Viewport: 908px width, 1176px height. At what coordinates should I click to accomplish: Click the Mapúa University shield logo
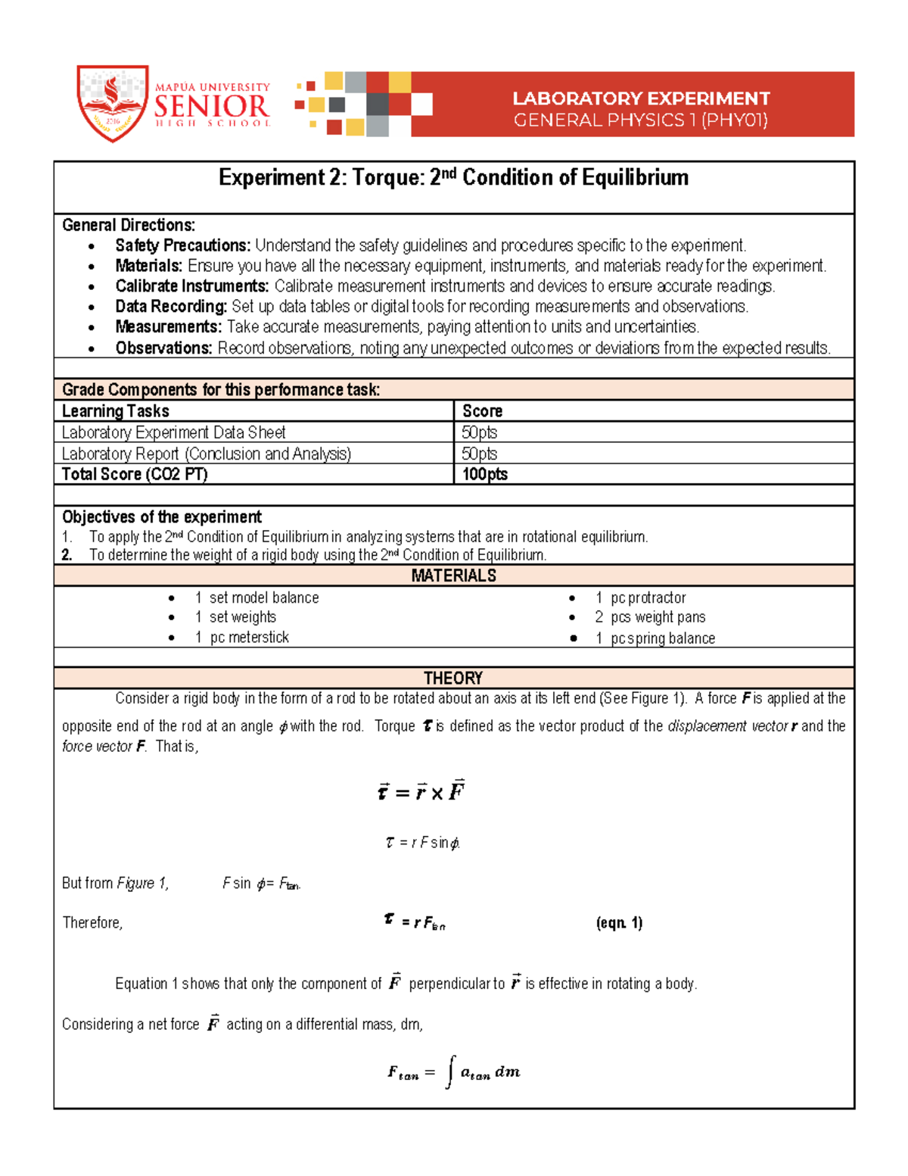click(112, 103)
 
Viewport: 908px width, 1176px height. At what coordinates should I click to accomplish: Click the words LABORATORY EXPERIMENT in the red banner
click(641, 98)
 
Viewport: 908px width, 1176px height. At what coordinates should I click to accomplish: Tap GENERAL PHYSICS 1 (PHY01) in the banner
click(640, 120)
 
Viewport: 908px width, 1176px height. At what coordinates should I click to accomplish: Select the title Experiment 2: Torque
click(453, 178)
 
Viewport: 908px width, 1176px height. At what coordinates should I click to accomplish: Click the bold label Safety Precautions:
click(182, 245)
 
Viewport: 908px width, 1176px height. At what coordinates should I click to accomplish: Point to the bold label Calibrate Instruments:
click(192, 286)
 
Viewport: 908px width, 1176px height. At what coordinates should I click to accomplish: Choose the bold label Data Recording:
click(171, 307)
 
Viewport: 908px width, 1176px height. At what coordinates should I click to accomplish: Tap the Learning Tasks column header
click(116, 411)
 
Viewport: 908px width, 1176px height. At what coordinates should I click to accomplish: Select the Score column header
click(482, 411)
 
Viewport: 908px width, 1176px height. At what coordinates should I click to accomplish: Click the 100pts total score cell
click(484, 475)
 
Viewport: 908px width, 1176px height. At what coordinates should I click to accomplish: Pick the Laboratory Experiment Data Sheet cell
click(173, 432)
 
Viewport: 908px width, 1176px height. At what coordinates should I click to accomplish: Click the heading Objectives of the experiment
click(162, 517)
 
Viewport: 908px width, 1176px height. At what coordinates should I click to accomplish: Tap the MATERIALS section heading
click(453, 576)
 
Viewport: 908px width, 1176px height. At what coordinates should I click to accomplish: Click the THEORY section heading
click(453, 678)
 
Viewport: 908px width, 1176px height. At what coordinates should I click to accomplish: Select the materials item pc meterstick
click(249, 638)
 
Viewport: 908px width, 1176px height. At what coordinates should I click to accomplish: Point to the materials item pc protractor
click(648, 598)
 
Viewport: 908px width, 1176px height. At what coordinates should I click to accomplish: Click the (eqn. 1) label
click(619, 923)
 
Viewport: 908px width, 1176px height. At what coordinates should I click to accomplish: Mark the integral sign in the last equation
click(450, 1072)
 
